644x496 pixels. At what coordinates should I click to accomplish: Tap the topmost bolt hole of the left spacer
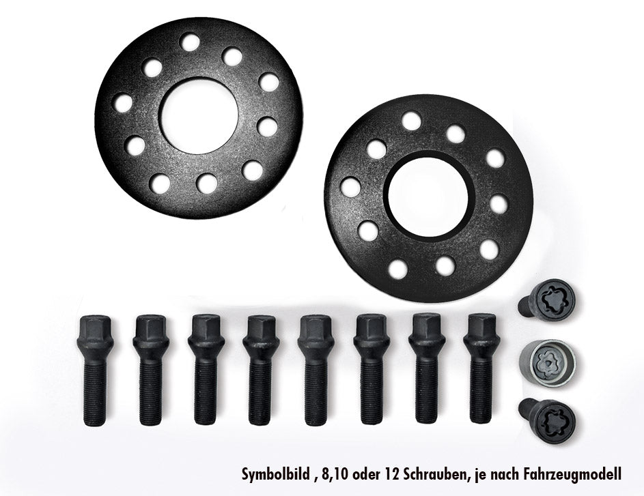190,41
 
